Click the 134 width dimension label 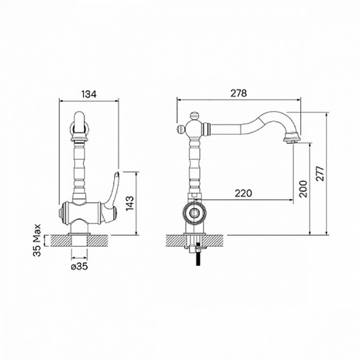click(x=89, y=94)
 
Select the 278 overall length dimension click(x=239, y=93)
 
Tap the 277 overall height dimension click(x=320, y=173)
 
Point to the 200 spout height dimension click(x=303, y=189)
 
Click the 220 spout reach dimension click(x=244, y=193)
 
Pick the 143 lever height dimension click(x=130, y=203)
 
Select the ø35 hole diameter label click(x=79, y=266)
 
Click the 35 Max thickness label click(x=37, y=240)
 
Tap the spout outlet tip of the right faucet click(x=292, y=142)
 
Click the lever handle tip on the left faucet click(x=117, y=173)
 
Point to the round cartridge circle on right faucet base click(x=194, y=213)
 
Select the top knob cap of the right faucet click(x=194, y=114)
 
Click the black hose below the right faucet click(x=199, y=258)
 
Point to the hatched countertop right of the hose click(x=213, y=241)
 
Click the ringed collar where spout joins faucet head click(x=206, y=128)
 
